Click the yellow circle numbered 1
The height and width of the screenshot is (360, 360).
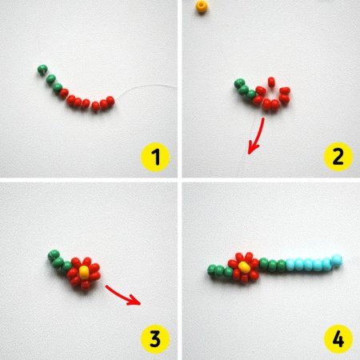point(155,157)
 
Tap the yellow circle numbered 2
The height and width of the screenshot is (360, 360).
point(338,157)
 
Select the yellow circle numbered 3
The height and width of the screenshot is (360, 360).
point(155,339)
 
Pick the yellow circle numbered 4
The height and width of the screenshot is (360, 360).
point(338,339)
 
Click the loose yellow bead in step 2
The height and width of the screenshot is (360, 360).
point(202,6)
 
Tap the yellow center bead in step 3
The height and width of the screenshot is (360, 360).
point(84,272)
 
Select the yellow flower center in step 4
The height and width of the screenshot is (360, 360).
point(243,267)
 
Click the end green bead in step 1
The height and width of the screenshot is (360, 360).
point(42,70)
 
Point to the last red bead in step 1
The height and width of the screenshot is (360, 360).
point(110,101)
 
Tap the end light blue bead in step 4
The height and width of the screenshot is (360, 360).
point(337,260)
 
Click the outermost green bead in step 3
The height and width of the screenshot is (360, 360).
point(54,255)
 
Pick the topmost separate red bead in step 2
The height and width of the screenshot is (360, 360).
point(271,82)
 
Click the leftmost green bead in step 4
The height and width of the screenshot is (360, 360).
point(212,270)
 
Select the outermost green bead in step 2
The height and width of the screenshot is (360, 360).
point(239,84)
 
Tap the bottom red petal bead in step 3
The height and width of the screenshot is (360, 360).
point(86,285)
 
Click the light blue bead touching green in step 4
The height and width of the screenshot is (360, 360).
point(290,265)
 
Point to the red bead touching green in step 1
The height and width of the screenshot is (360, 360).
point(64,93)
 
